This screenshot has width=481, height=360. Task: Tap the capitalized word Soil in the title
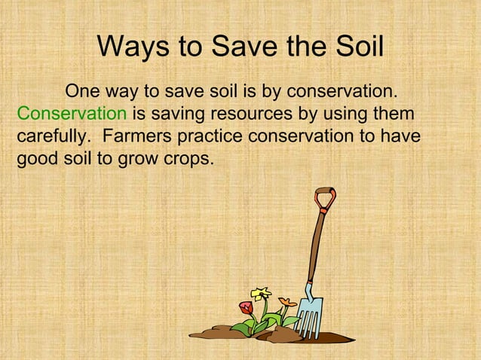click(x=357, y=47)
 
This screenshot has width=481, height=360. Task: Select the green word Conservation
click(x=72, y=115)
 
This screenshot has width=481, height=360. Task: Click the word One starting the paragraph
click(x=84, y=93)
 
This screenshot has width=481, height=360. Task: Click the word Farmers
click(x=138, y=138)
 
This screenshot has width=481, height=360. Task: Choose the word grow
click(x=134, y=160)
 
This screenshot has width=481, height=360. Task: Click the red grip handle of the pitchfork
click(x=325, y=199)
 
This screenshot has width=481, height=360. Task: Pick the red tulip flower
click(x=245, y=307)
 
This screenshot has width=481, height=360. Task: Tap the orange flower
click(x=286, y=303)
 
